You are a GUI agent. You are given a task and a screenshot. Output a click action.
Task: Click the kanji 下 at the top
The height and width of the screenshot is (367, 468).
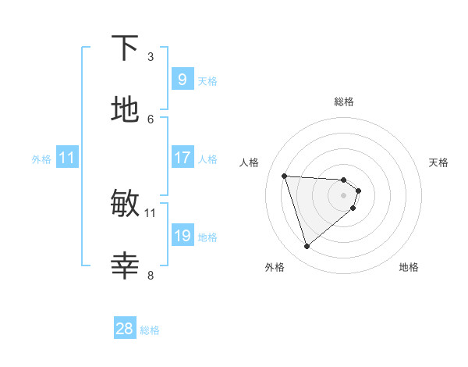tap(125, 48)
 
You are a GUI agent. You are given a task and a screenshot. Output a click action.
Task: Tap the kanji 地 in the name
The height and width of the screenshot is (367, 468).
tap(125, 111)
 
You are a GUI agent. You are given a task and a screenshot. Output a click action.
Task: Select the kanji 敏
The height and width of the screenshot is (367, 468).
tap(125, 204)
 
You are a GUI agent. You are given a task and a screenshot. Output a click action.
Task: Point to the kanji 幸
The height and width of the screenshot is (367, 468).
tap(125, 267)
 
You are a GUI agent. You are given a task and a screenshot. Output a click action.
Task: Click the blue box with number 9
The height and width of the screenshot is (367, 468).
tap(182, 79)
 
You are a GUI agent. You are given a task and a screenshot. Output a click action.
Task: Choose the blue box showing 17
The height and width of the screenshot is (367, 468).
tap(182, 158)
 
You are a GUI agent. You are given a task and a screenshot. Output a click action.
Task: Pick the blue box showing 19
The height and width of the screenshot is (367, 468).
tap(182, 236)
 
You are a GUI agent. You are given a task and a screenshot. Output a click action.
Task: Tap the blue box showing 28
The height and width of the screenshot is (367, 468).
tap(125, 329)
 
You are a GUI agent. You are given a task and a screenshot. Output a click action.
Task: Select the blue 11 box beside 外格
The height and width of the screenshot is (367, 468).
tap(67, 158)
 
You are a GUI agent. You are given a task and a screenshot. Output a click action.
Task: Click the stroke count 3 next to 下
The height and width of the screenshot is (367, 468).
tap(151, 56)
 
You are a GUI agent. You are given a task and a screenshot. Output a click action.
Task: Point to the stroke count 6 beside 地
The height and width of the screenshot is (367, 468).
tap(151, 119)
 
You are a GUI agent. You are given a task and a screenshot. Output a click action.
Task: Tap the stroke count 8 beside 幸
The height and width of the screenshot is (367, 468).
tap(151, 275)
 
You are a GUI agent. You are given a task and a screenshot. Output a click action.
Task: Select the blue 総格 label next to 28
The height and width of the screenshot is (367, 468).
tap(150, 330)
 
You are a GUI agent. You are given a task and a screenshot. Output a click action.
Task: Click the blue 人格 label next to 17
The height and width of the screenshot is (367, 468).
tap(207, 159)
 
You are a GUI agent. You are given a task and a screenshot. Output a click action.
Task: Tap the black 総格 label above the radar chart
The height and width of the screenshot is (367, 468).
tap(344, 102)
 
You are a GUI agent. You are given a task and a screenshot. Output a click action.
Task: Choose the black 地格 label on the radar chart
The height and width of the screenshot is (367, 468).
tap(409, 267)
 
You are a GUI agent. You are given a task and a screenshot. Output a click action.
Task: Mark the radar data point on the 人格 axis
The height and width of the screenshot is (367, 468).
tap(285, 176)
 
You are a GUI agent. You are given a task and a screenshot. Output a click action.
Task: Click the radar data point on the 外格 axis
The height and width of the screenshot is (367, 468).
tap(307, 247)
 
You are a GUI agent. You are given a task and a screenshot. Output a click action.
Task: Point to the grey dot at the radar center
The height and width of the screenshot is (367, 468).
tap(344, 195)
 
